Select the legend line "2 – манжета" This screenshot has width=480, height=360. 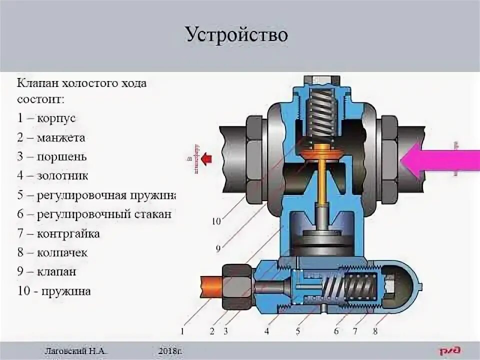click(x=51, y=137)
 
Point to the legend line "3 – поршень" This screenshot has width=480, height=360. click(x=52, y=156)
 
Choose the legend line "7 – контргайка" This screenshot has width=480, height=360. click(x=58, y=233)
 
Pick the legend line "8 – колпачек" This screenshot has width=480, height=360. click(x=52, y=252)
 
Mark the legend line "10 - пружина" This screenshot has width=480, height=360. click(x=54, y=291)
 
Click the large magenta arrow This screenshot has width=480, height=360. click(x=440, y=159)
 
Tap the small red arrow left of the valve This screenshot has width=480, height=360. click(x=206, y=159)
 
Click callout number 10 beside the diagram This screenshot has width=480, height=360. click(x=216, y=221)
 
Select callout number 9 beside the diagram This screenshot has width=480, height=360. click(x=218, y=247)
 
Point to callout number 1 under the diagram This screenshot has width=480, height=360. click(x=183, y=330)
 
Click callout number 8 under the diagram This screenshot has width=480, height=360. click(x=375, y=330)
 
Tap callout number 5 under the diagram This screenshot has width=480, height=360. click(x=298, y=330)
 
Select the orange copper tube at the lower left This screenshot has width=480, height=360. click(x=210, y=286)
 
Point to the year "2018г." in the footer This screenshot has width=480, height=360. click(x=171, y=351)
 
